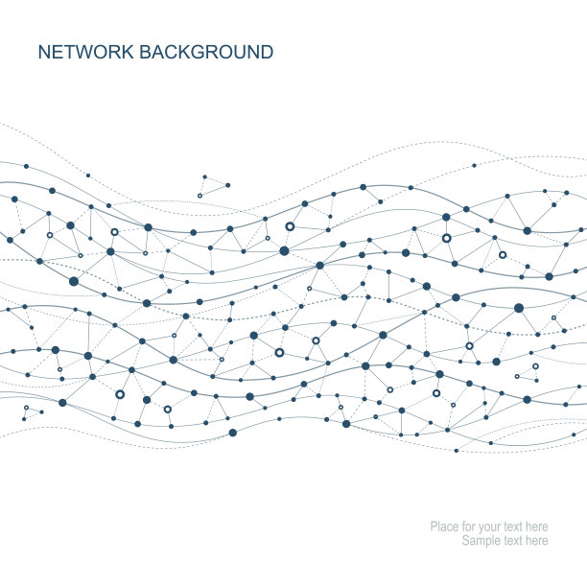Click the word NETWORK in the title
85,53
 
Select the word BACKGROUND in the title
206,53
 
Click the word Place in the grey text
443,527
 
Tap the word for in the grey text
468,527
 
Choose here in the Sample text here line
537,541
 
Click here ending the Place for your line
537,527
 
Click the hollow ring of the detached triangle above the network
200,196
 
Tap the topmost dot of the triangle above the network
204,176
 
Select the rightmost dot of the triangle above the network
227,185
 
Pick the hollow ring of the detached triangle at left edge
26,409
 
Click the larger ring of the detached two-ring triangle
535,365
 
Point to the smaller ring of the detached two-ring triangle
517,376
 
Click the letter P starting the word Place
434,527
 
